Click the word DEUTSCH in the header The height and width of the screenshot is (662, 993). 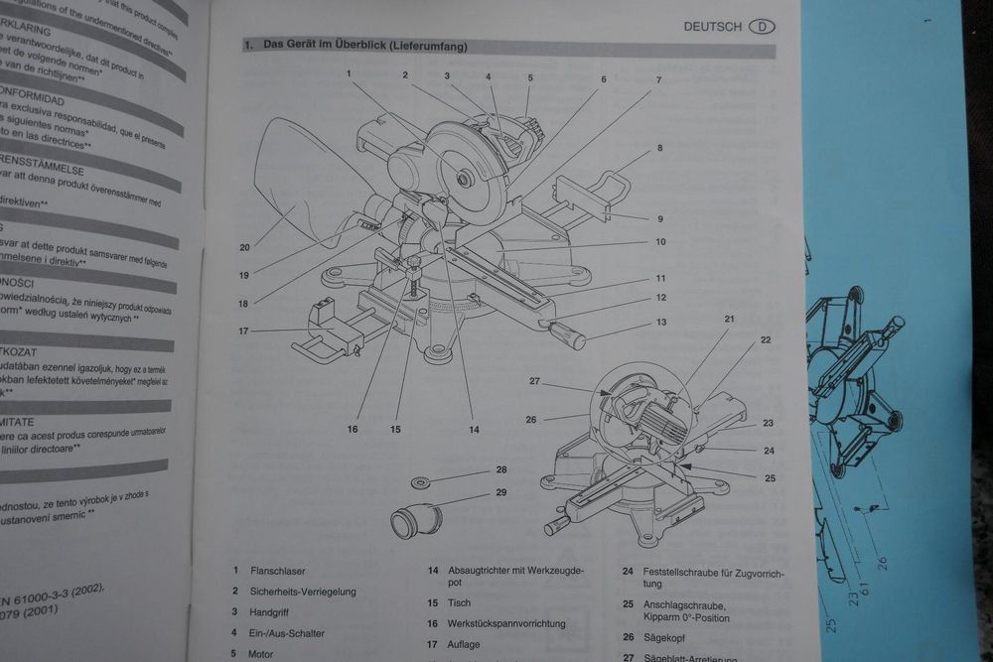(711, 27)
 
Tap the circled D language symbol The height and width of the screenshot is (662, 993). (762, 27)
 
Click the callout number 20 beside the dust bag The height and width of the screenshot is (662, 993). (244, 247)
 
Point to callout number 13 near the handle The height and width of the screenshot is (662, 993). (660, 322)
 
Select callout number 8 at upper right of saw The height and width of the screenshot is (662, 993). (658, 149)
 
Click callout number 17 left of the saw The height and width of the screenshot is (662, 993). (243, 331)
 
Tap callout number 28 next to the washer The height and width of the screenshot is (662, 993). (501, 469)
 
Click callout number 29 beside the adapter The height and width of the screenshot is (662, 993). (501, 492)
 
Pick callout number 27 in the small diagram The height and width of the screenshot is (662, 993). (533, 380)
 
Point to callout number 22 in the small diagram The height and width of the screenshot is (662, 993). (766, 339)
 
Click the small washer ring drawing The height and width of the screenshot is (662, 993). (422, 483)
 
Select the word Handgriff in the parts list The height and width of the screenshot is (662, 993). (269, 612)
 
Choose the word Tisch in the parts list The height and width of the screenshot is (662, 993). (460, 602)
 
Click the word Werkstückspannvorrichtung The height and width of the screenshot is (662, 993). (506, 623)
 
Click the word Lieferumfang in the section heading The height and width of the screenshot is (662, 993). (427, 47)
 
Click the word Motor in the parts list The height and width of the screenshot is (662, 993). (260, 654)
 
